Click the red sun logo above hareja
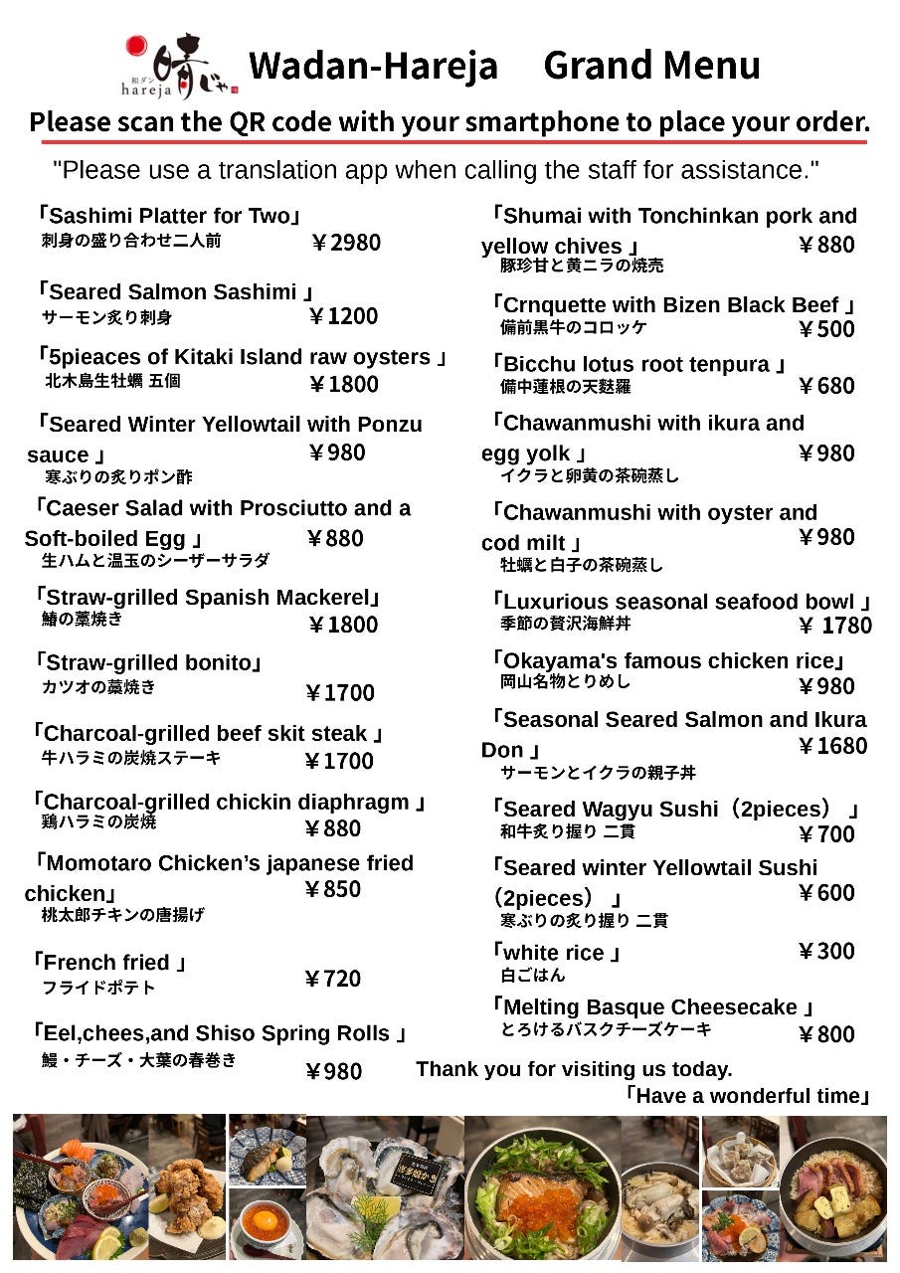point(136,47)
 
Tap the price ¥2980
point(345,242)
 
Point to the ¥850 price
point(333,889)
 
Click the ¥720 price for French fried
point(333,979)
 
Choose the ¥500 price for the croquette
point(826,329)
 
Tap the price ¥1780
point(835,626)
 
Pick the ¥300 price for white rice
point(826,952)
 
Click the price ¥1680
point(832,746)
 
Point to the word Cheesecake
point(736,1007)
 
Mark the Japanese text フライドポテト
point(98,988)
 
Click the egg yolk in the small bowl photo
point(266,1218)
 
